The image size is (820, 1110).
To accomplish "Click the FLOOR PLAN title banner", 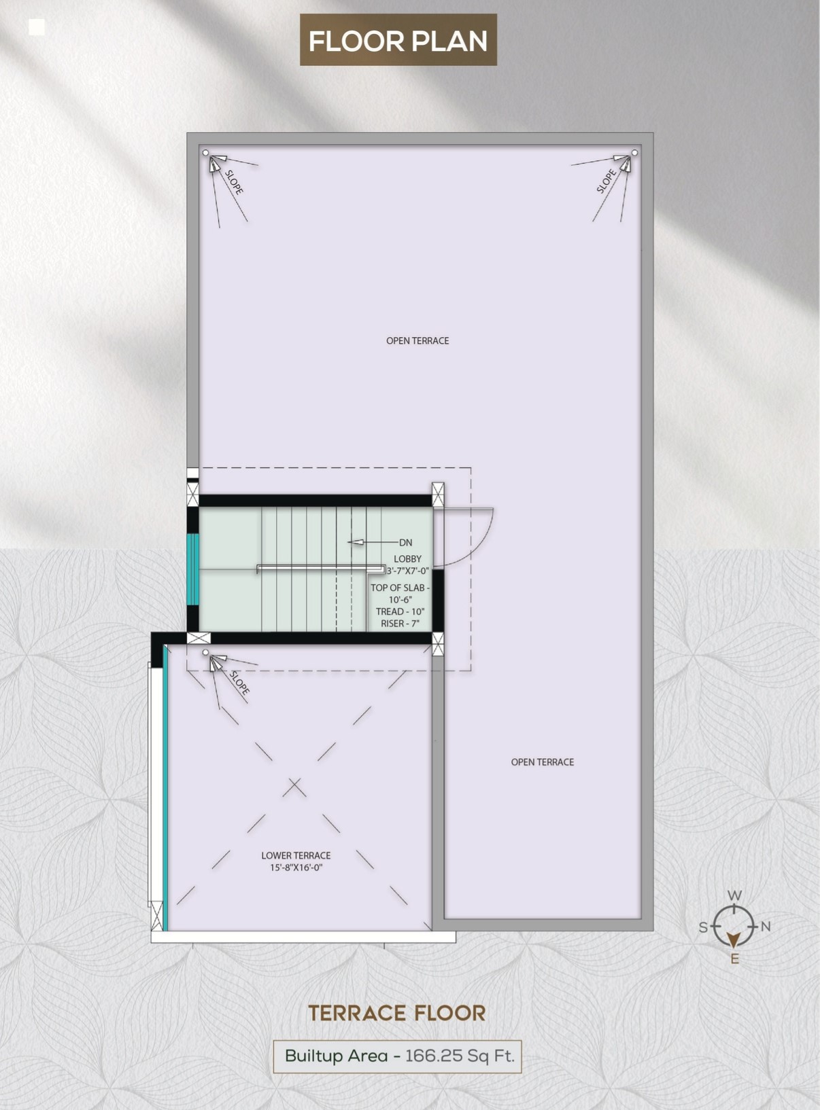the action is [x=398, y=40].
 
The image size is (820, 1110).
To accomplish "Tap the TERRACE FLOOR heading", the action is [x=396, y=1013].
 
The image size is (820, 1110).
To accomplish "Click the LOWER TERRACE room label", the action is [x=296, y=855].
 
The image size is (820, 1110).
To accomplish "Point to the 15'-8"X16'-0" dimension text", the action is [x=296, y=867].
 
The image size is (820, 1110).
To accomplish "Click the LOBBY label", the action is [x=407, y=558].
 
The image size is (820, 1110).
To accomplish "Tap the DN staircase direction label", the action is [x=406, y=543].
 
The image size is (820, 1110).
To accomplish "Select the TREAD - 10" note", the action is [x=400, y=611].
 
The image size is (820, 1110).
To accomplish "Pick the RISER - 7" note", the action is [x=400, y=624].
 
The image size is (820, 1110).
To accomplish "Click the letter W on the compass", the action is [x=734, y=895].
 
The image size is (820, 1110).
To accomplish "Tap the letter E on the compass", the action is [x=735, y=959].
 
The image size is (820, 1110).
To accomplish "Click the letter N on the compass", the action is [x=766, y=927].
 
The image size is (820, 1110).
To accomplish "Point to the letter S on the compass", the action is [x=703, y=927].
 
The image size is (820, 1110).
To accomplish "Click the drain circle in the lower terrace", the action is [x=205, y=653].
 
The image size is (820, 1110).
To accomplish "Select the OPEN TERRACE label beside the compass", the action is [x=543, y=762].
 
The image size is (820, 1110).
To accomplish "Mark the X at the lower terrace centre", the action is [x=294, y=787].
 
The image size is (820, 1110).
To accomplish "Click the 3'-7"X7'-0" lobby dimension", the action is [x=407, y=571].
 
